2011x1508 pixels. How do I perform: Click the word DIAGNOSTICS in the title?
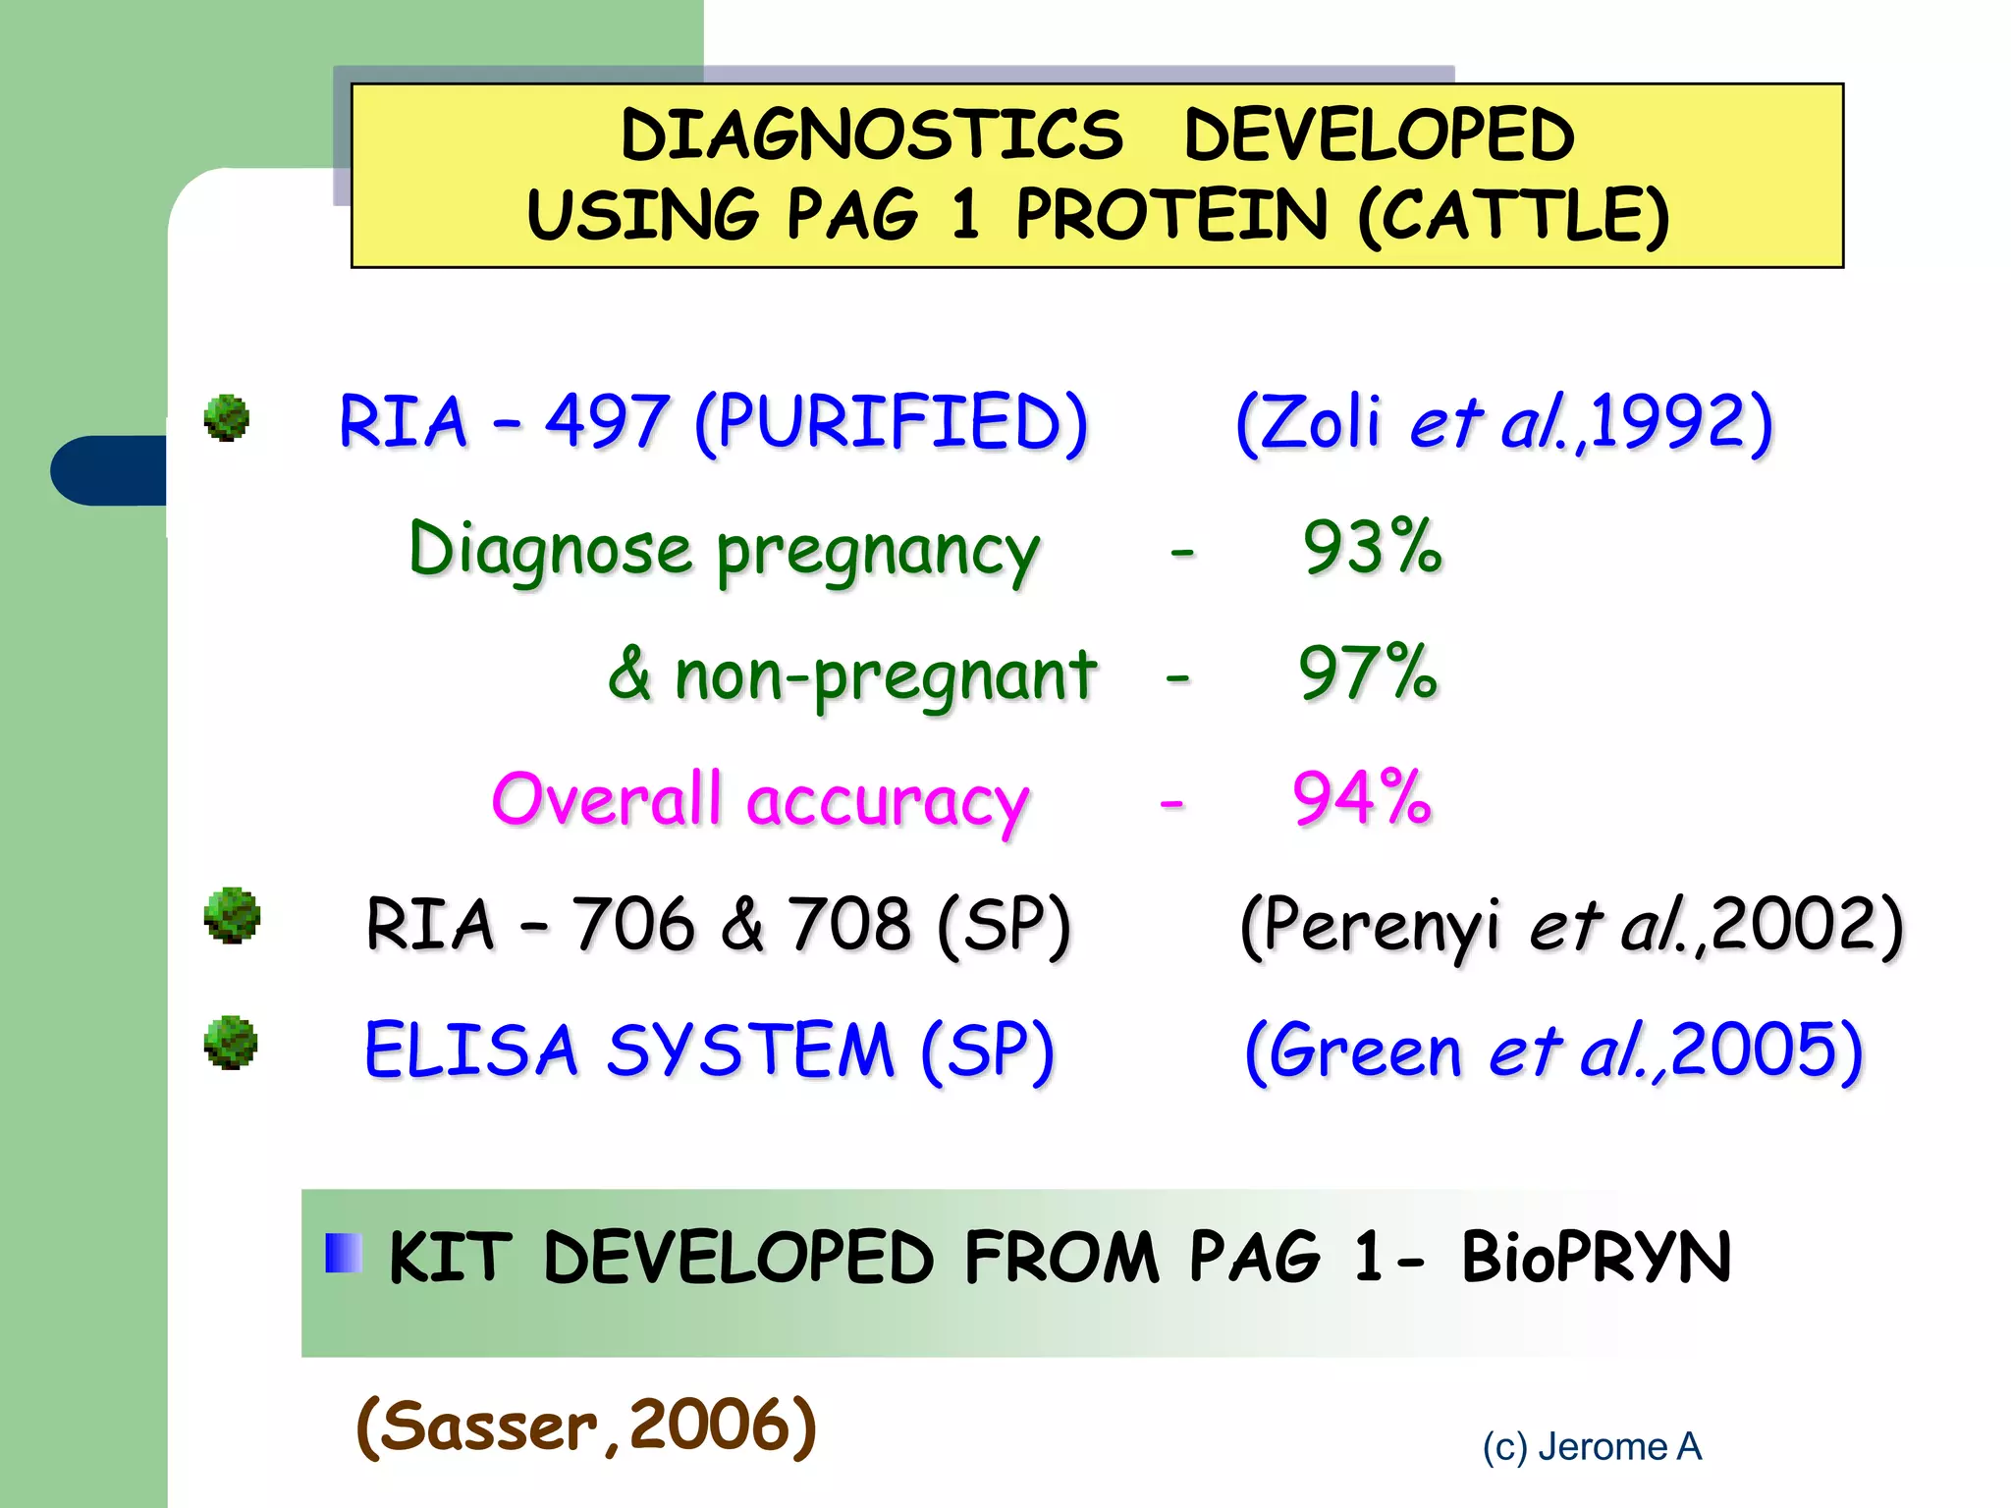pos(872,135)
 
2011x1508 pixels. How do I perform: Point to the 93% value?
pos(1372,547)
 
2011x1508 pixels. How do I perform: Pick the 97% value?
pos(1368,673)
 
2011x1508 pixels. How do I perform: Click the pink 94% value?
pos(1362,798)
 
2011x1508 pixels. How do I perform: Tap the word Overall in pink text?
pos(607,798)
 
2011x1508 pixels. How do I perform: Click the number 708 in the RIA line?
pos(850,925)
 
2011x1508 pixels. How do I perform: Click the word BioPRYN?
pos(1596,1258)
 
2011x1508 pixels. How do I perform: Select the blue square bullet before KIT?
pos(344,1253)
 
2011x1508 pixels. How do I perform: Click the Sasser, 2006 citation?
pos(586,1426)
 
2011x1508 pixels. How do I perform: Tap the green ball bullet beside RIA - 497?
pos(227,418)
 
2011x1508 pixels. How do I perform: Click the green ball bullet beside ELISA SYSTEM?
pos(231,1043)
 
